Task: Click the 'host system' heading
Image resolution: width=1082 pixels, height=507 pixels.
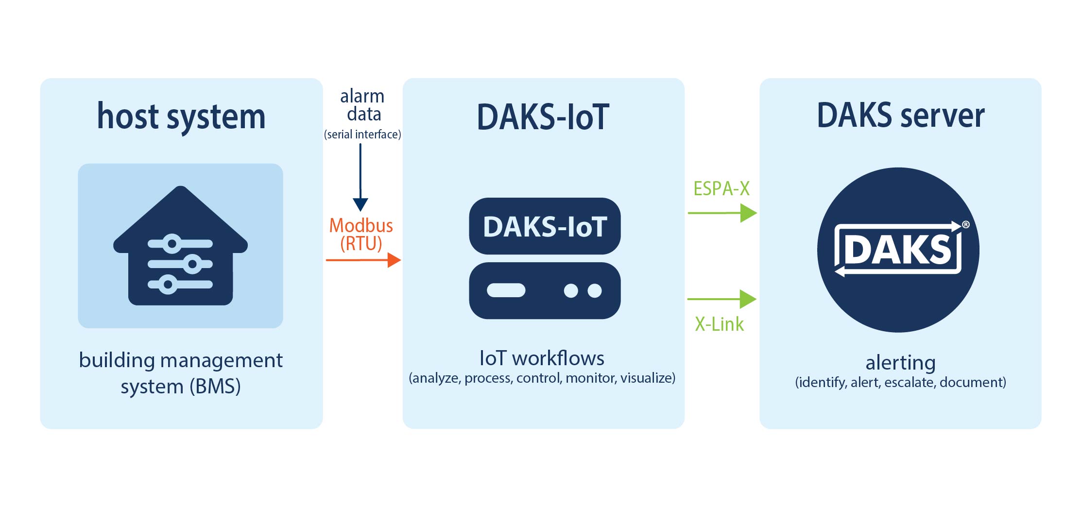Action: click(181, 117)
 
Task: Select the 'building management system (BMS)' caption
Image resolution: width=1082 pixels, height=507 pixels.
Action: click(181, 373)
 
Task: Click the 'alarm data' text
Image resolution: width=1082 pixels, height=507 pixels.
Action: click(362, 105)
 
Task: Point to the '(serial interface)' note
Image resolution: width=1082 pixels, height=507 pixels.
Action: click(362, 135)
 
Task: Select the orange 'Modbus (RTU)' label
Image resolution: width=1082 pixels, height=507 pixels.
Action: click(361, 234)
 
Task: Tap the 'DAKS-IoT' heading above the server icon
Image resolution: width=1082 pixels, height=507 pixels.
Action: click(543, 117)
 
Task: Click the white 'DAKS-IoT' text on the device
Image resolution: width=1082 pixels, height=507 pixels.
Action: click(545, 227)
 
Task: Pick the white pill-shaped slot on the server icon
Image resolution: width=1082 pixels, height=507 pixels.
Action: click(506, 290)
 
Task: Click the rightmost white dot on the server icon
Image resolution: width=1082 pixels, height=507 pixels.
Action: click(595, 290)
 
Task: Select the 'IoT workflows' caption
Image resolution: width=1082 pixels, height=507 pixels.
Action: click(542, 358)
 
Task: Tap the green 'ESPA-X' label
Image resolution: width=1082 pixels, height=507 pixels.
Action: click(721, 188)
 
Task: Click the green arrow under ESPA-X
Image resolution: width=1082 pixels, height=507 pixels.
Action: click(722, 213)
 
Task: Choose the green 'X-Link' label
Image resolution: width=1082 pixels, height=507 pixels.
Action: click(719, 324)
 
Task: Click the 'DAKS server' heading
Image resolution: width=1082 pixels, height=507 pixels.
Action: click(900, 116)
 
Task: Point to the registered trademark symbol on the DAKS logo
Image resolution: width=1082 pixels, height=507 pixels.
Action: click(966, 224)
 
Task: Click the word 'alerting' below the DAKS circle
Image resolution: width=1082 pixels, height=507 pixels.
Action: click(900, 363)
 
